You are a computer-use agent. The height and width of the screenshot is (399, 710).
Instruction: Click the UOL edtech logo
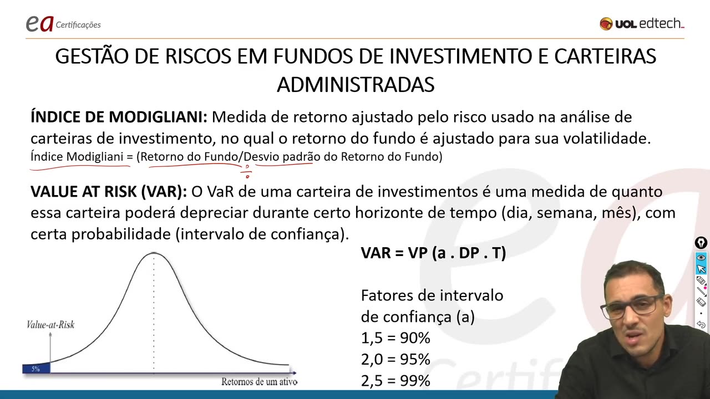pyautogui.click(x=642, y=24)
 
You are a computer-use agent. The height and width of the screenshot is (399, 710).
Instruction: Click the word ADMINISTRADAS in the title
pyautogui.click(x=355, y=85)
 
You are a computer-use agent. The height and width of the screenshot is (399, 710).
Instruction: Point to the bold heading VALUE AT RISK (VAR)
pyautogui.click(x=109, y=192)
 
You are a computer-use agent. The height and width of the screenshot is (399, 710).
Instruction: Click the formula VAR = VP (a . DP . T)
pyautogui.click(x=433, y=253)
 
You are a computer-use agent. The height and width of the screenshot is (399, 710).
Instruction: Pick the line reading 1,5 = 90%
pyautogui.click(x=395, y=338)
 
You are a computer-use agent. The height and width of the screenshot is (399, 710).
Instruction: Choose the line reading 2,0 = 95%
pyautogui.click(x=395, y=360)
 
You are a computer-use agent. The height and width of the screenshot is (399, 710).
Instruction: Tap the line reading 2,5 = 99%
pyautogui.click(x=395, y=381)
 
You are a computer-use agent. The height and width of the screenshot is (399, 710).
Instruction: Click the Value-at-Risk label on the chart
pyautogui.click(x=50, y=325)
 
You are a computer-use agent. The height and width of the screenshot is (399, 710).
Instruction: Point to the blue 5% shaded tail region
pyautogui.click(x=36, y=369)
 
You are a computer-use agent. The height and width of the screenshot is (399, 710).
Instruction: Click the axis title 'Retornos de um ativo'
pyautogui.click(x=259, y=382)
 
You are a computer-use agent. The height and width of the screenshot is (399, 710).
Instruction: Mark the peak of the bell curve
pyautogui.click(x=154, y=254)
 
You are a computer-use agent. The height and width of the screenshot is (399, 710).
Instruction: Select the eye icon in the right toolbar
pyautogui.click(x=701, y=258)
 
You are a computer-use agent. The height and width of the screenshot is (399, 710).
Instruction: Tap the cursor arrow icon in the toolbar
pyautogui.click(x=701, y=269)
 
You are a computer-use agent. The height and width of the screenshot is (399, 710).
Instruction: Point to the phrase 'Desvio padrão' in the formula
pyautogui.click(x=278, y=157)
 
